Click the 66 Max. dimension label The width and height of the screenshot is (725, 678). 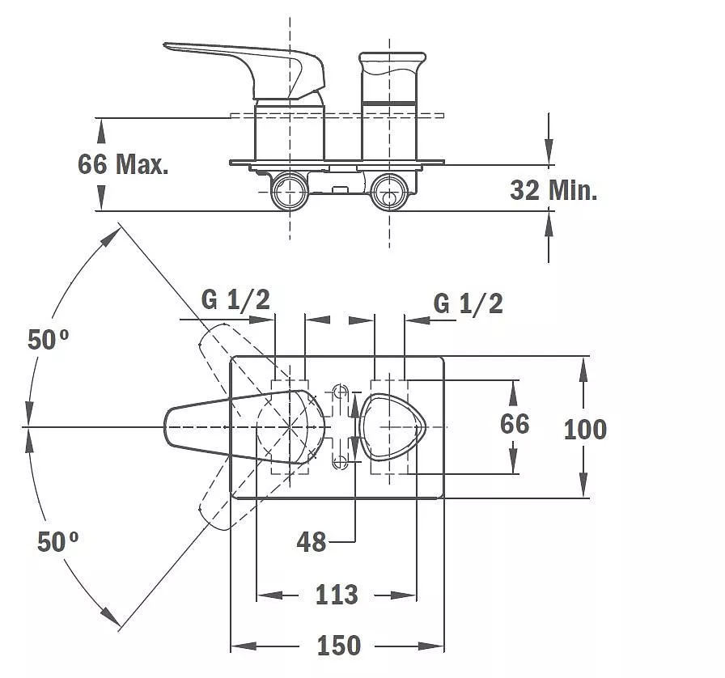(x=123, y=163)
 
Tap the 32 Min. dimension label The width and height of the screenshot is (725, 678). (x=553, y=189)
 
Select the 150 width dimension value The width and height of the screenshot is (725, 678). (x=338, y=645)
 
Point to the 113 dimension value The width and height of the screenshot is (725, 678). (x=337, y=595)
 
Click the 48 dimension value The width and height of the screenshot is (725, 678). (x=312, y=541)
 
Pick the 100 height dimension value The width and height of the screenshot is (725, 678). (x=585, y=429)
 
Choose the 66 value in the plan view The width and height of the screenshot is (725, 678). (x=515, y=424)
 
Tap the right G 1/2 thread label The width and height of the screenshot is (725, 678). (x=468, y=303)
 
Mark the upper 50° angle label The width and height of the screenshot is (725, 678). (x=48, y=339)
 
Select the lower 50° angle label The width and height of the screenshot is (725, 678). (x=57, y=541)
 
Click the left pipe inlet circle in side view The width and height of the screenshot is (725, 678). (x=290, y=191)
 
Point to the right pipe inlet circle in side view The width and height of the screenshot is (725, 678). (x=389, y=191)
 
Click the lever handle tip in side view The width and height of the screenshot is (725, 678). (x=166, y=45)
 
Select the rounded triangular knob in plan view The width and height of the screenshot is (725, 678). (x=392, y=427)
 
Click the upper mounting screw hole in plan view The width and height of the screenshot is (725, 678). (x=341, y=392)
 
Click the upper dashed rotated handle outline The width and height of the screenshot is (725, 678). (x=240, y=366)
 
